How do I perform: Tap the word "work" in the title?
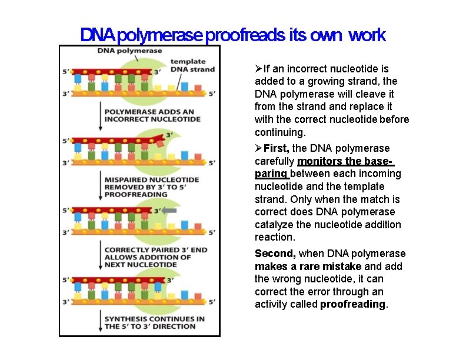coord(367,35)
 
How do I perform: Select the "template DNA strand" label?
coord(192,65)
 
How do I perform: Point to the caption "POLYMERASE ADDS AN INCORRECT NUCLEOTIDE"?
coord(152,115)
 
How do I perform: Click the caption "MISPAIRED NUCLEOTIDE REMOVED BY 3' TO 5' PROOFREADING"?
coord(151,187)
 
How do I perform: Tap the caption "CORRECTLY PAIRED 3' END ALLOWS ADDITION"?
coord(155,257)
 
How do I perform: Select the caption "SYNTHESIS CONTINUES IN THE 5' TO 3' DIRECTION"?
coord(154,322)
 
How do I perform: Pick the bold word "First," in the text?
coord(277,148)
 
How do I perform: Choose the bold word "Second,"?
coord(275,254)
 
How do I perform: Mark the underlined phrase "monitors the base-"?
coord(345,161)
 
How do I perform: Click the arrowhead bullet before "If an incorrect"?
coord(259,69)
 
